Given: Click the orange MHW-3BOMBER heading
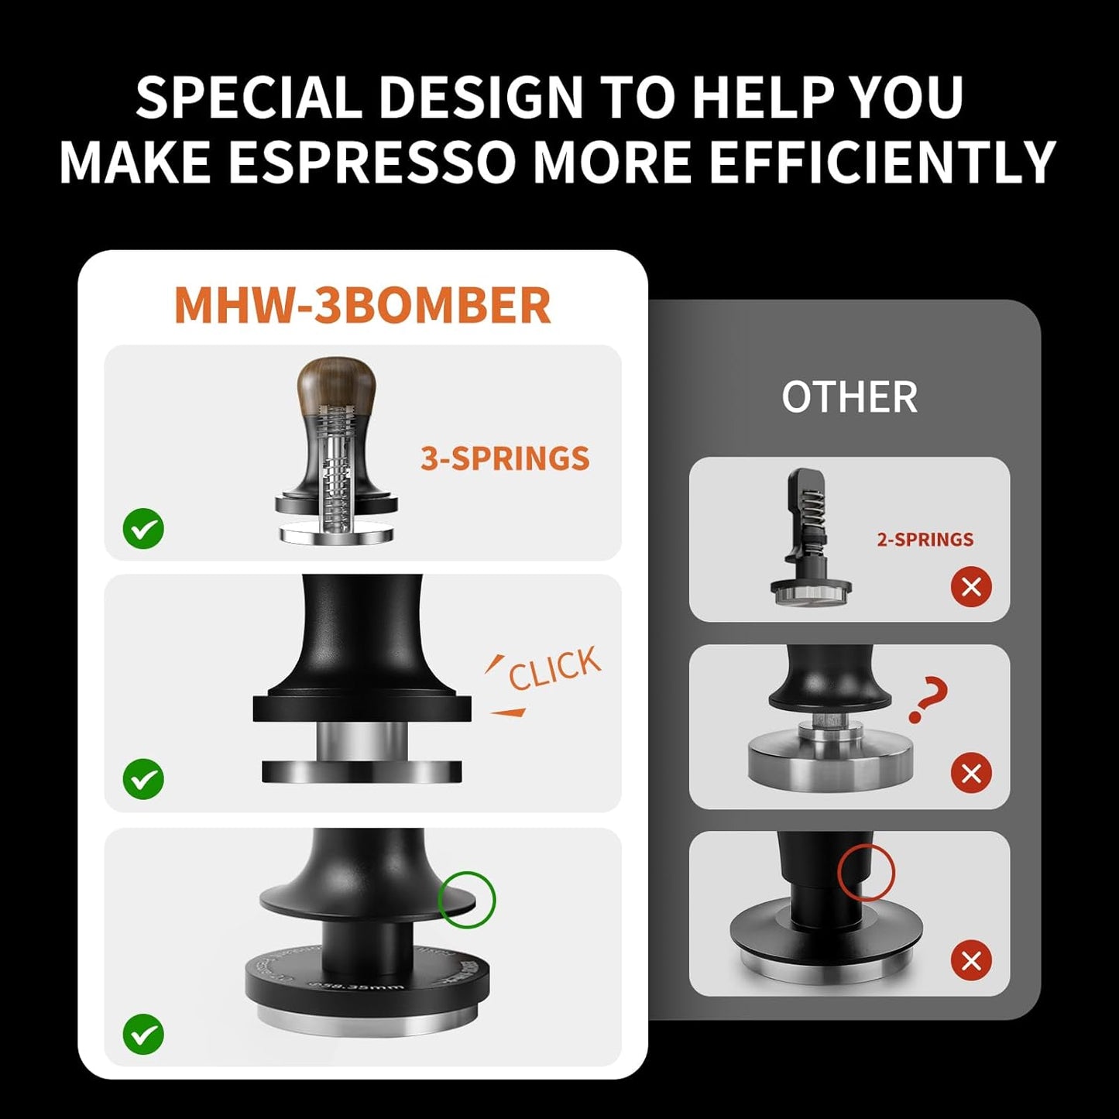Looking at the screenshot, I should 362,305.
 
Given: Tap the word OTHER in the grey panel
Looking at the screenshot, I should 850,397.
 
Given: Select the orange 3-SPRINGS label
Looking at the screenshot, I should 505,458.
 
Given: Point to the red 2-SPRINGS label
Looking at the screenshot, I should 925,540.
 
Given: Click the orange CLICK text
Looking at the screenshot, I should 554,667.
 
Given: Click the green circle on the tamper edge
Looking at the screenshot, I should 466,899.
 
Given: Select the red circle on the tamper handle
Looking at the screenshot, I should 866,873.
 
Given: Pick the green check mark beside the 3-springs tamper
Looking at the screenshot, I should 143,529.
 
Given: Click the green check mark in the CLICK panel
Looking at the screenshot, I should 143,778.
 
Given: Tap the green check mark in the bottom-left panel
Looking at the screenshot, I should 143,1034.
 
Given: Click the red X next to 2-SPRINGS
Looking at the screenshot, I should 971,586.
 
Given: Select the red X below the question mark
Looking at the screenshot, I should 971,773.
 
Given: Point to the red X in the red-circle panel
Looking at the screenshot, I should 971,960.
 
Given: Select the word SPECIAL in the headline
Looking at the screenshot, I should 249,98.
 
